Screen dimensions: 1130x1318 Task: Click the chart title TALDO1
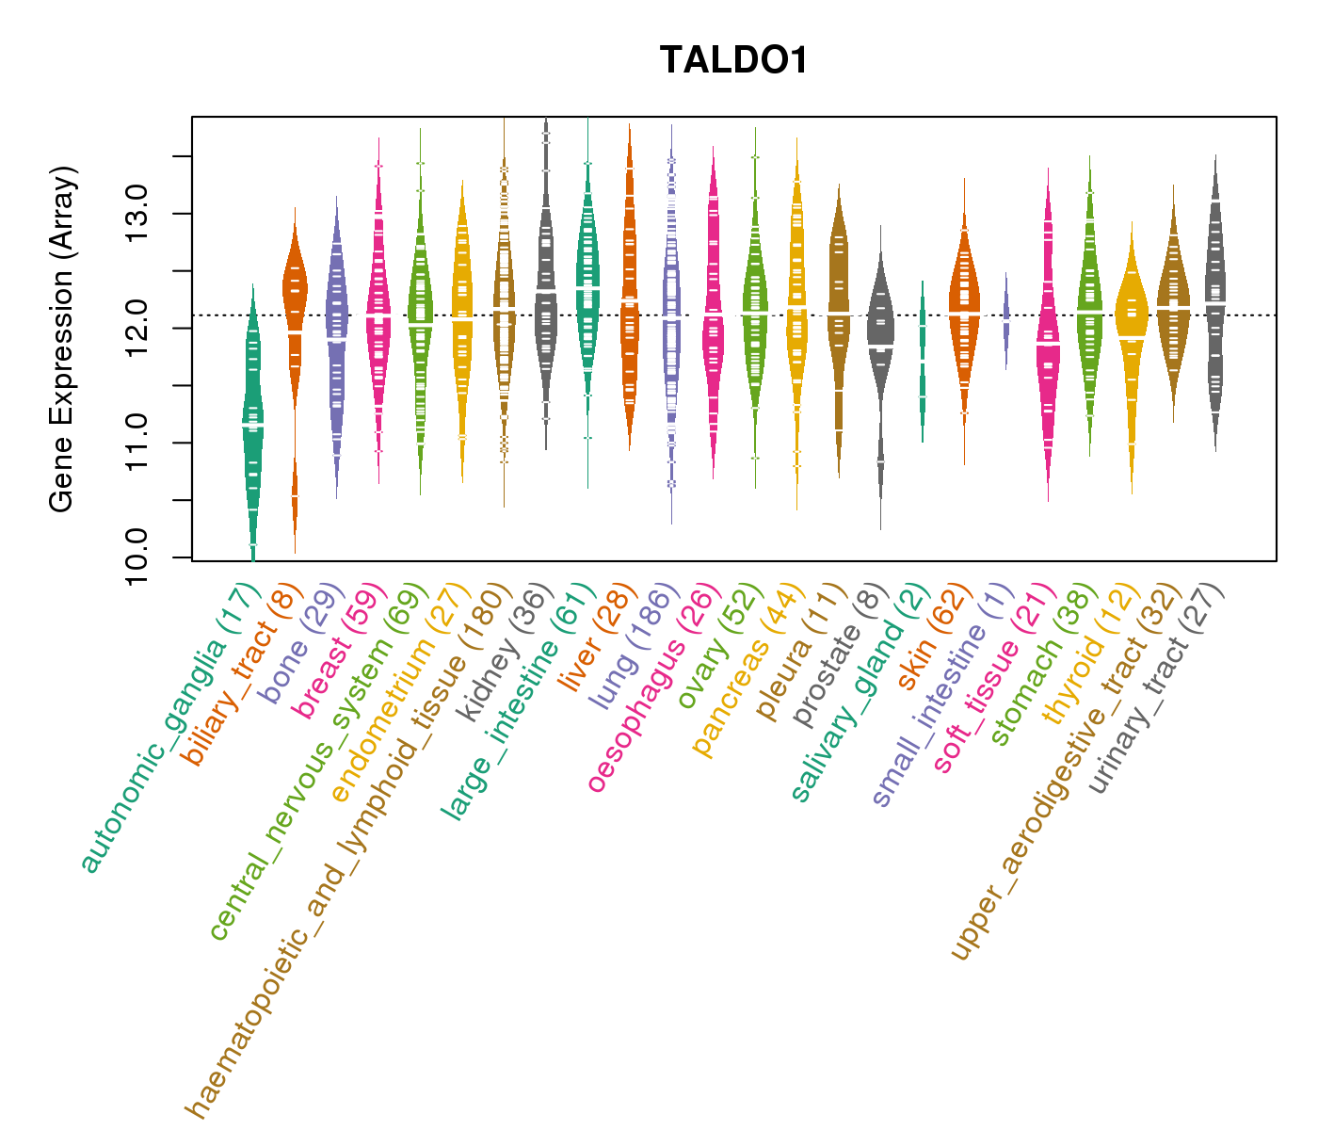pyautogui.click(x=733, y=60)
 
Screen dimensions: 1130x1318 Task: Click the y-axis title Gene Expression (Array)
pyautogui.click(x=62, y=340)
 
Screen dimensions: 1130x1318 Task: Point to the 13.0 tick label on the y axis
pyautogui.click(x=137, y=213)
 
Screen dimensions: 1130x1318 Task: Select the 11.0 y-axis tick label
pyautogui.click(x=137, y=442)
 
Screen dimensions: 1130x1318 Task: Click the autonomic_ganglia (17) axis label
pyautogui.click(x=169, y=729)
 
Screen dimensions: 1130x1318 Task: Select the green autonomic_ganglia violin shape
pyautogui.click(x=252, y=424)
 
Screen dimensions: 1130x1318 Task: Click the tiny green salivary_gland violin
pyautogui.click(x=923, y=358)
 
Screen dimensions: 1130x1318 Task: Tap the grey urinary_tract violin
pyautogui.click(x=1214, y=301)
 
